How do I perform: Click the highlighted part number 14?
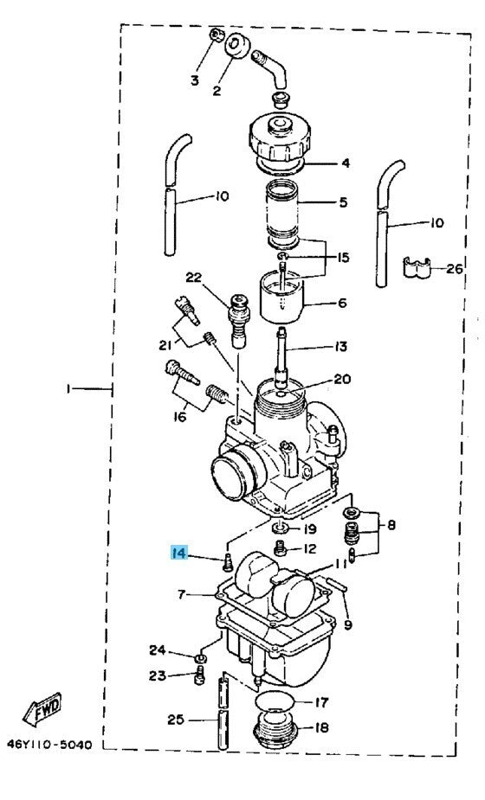(x=179, y=553)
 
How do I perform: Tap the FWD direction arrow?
(x=42, y=708)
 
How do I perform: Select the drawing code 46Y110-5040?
(x=49, y=745)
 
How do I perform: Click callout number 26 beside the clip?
(x=454, y=268)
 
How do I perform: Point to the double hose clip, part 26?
(x=417, y=267)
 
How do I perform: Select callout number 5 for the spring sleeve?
(x=343, y=202)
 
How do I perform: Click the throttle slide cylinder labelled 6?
(x=282, y=298)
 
